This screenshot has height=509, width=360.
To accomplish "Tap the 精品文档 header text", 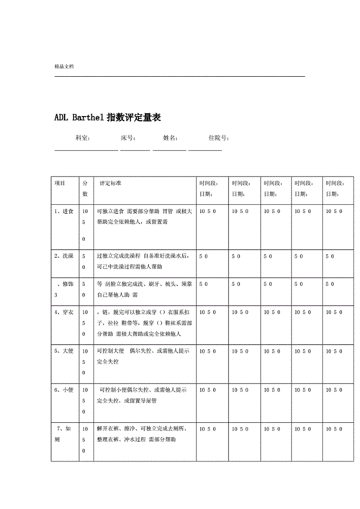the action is pos(63,66).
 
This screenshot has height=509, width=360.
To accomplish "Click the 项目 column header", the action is pos(60,183).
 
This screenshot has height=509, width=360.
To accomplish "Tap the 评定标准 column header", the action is pos(111,183).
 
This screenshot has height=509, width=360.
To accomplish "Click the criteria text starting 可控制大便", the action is pos(137,351).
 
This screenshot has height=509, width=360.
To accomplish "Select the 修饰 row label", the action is pos(67,284).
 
